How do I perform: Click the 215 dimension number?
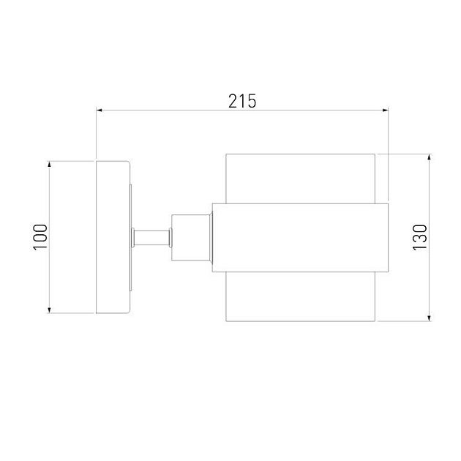(242, 101)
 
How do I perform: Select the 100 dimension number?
(40, 237)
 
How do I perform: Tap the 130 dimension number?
(419, 237)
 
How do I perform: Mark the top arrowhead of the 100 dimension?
(49, 165)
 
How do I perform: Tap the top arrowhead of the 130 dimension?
(429, 158)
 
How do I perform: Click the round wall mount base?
(113, 237)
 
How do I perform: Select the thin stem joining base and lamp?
(151, 237)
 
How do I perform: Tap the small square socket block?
(190, 237)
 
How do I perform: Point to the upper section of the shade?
(300, 177)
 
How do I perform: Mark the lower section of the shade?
(300, 297)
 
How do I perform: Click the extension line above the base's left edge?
(96, 135)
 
